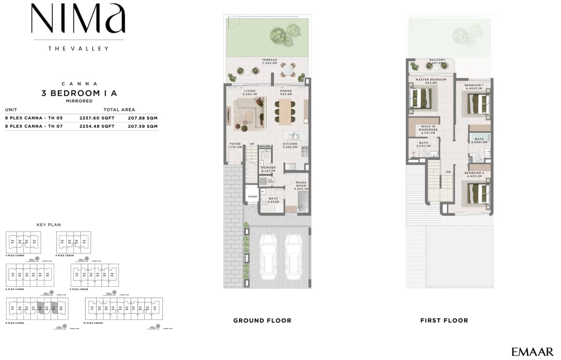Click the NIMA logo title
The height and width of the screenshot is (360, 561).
click(78, 19)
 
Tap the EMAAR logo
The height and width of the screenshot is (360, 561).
click(532, 352)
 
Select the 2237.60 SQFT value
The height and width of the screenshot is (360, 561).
click(98, 118)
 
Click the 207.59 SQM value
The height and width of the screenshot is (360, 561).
click(143, 126)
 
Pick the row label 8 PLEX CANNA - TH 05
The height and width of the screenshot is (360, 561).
click(30, 118)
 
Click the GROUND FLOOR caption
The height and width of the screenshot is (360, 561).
click(262, 321)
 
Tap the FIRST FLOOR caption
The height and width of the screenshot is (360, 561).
click(444, 321)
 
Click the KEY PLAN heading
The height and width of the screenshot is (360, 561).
click(49, 225)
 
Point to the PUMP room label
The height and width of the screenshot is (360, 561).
click(253, 197)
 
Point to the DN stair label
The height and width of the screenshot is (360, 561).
click(448, 172)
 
